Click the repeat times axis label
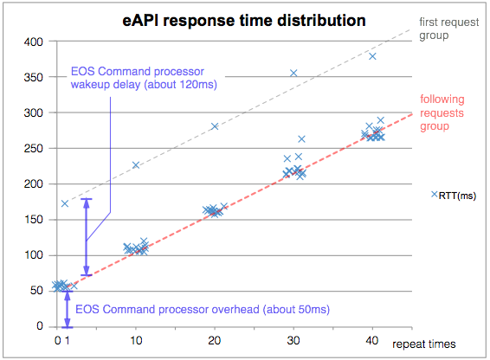coord(422,344)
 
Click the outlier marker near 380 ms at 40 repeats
coord(372,56)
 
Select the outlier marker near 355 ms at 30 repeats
coord(293,74)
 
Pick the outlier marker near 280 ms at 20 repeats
coord(215,126)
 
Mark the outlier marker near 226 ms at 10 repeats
coord(136,165)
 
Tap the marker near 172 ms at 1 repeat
coord(65,203)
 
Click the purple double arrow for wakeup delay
coord(86,238)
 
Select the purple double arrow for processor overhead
coord(68,309)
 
